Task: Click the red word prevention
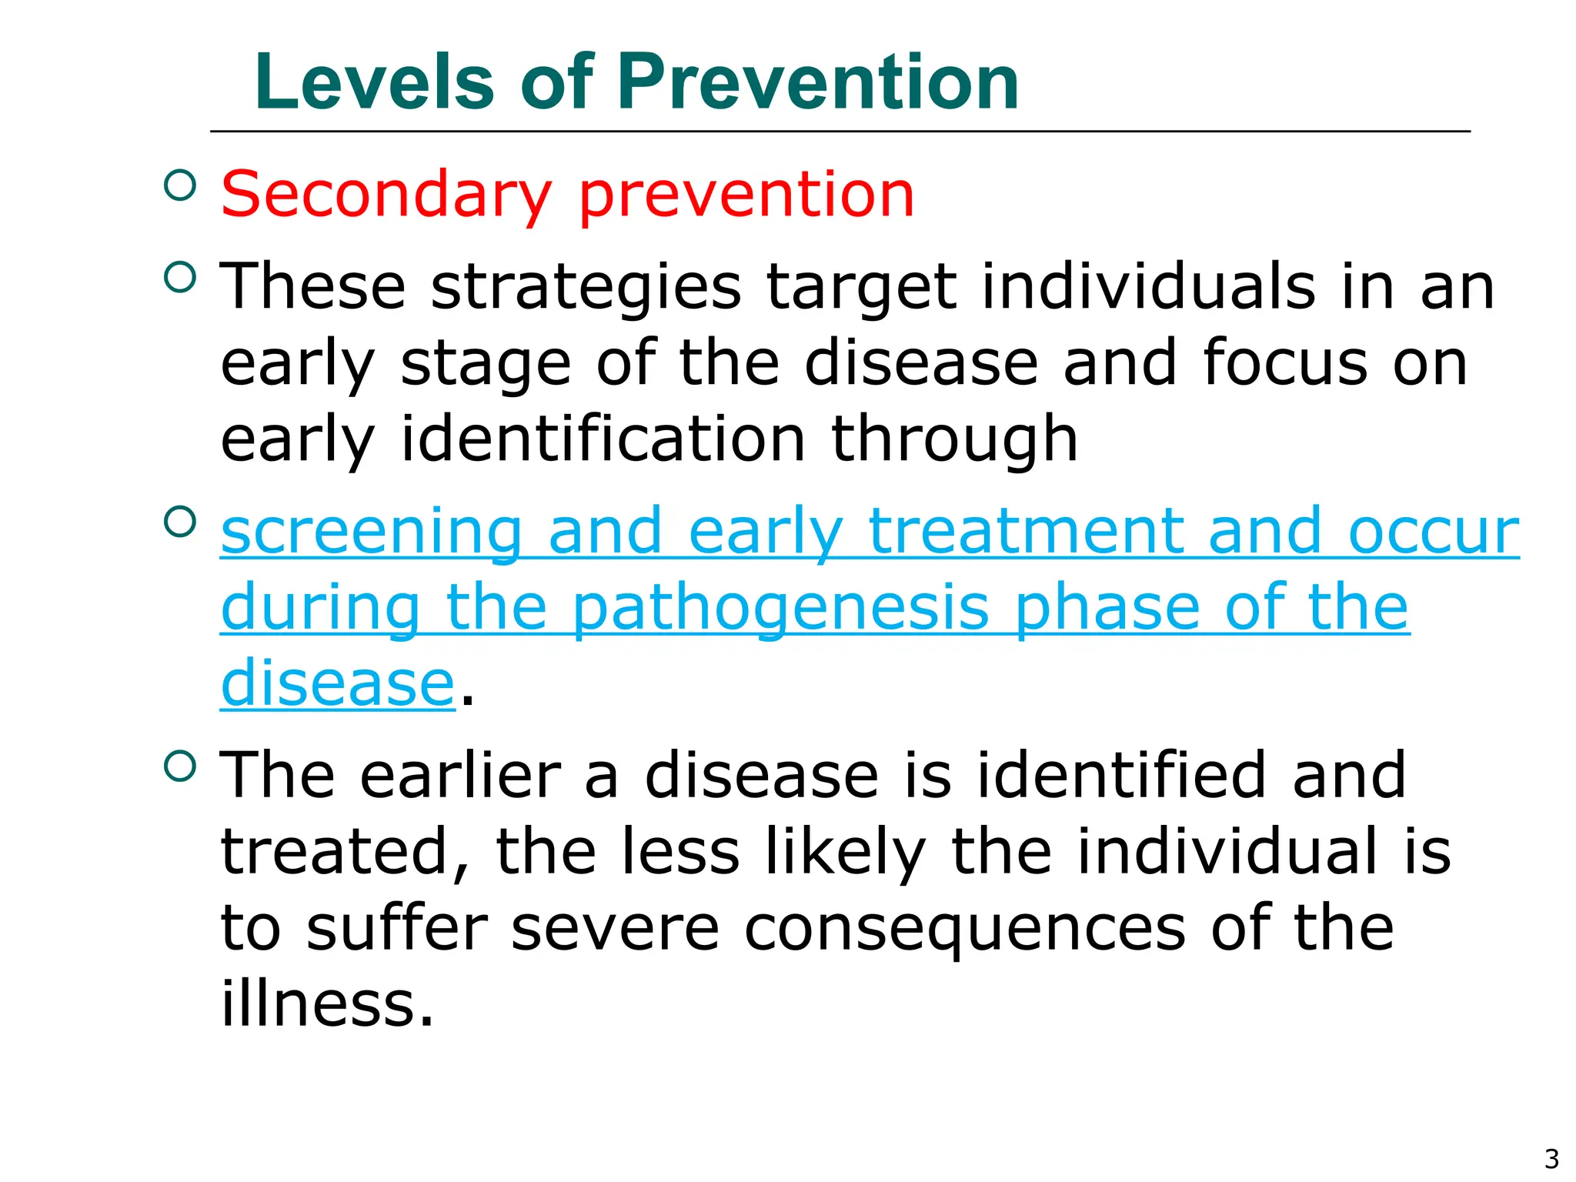tap(746, 195)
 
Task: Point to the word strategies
tap(586, 288)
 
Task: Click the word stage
tap(486, 363)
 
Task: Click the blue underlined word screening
tap(372, 532)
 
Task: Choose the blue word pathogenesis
tap(780, 609)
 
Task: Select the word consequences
tap(965, 928)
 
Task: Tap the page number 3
tap(1551, 1158)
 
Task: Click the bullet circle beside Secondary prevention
tap(180, 185)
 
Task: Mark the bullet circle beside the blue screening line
tap(180, 523)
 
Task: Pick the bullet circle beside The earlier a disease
tap(180, 766)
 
